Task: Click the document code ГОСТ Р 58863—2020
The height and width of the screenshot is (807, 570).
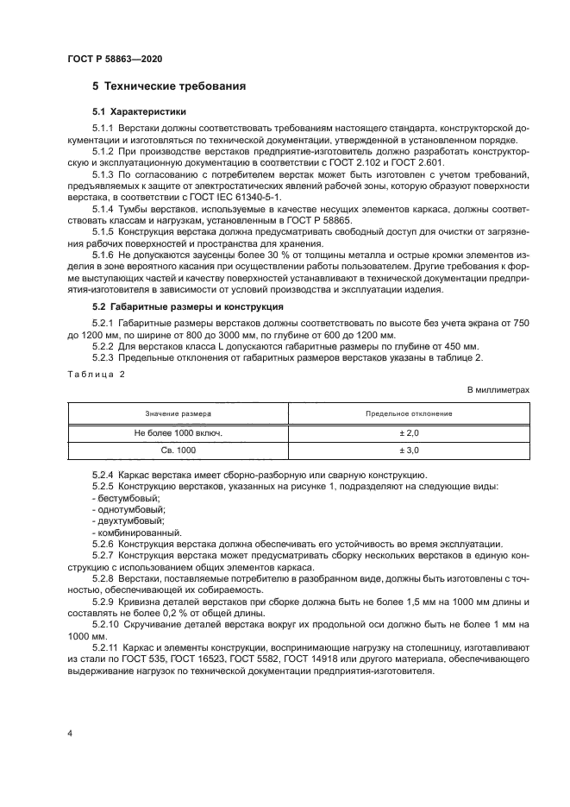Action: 114,58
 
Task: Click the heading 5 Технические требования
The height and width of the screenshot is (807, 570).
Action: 169,86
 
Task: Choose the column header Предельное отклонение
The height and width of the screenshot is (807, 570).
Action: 408,413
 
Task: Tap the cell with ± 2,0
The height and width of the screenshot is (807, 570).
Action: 408,432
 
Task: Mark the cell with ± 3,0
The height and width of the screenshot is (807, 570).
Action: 408,451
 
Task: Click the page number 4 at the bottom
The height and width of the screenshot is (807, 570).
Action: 69,733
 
